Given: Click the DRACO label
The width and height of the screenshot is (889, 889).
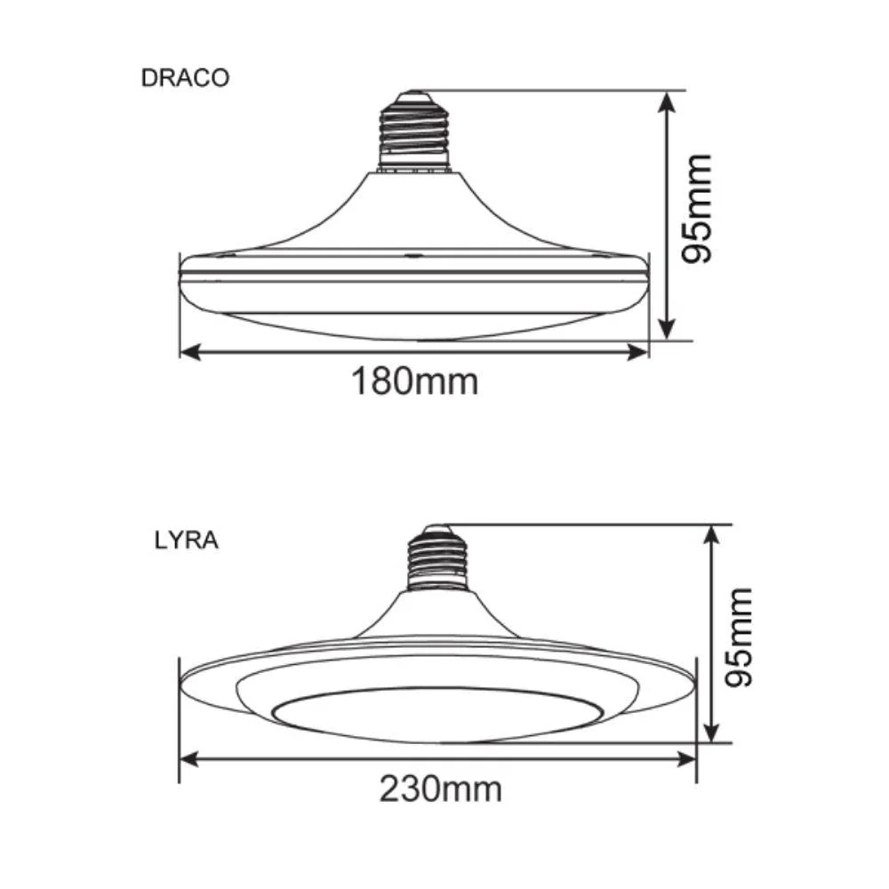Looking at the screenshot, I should (185, 77).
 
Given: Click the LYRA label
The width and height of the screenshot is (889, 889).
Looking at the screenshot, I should (186, 541).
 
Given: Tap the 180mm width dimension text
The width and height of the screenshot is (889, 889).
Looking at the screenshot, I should (414, 382).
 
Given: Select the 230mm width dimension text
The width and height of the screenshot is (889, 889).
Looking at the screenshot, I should (440, 788).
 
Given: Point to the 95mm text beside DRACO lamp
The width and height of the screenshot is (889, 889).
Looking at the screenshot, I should (693, 209).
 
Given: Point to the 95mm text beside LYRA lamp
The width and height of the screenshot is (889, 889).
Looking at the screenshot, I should (737, 636).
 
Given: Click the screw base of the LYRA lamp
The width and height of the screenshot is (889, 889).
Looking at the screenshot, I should (438, 560).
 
